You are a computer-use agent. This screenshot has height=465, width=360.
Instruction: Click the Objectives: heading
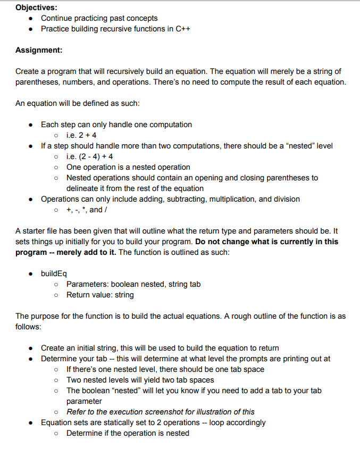pyautogui.click(x=37, y=7)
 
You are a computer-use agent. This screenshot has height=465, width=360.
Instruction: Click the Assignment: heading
pyautogui.click(x=39, y=50)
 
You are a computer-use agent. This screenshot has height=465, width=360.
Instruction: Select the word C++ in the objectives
pyautogui.click(x=182, y=29)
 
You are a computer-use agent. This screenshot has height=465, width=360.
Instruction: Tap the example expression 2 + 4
pyautogui.click(x=87, y=135)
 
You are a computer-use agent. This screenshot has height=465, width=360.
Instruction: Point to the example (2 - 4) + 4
pyautogui.click(x=89, y=156)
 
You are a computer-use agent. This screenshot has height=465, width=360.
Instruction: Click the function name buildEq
pyautogui.click(x=54, y=273)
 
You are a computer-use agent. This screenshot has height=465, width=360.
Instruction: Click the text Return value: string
pyautogui.click(x=100, y=295)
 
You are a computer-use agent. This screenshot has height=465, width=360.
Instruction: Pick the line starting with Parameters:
pyautogui.click(x=133, y=284)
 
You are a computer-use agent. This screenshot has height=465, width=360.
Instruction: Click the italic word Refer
pyautogui.click(x=76, y=412)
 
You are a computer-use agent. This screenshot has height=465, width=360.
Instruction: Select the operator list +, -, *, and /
pyautogui.click(x=88, y=210)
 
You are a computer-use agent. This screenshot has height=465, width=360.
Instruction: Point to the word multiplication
pyautogui.click(x=208, y=199)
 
